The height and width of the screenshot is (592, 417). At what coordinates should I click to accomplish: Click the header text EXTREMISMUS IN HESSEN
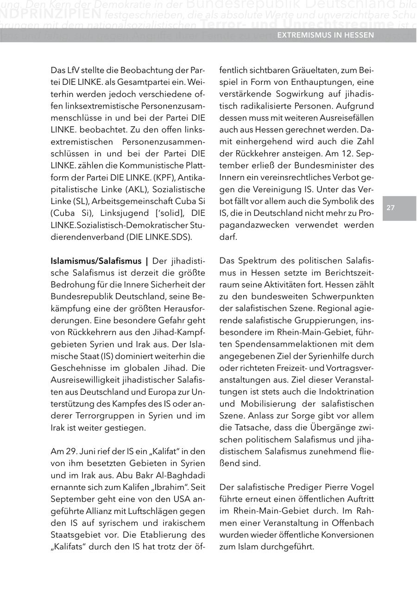click(x=325, y=35)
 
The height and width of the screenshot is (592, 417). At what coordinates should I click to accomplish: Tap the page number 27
click(x=391, y=208)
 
